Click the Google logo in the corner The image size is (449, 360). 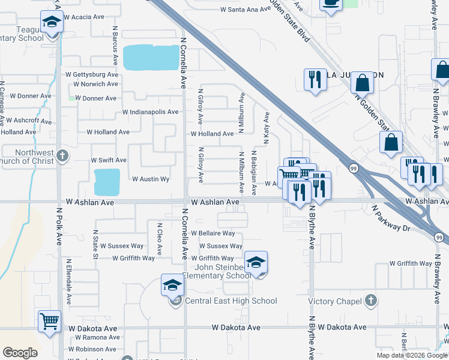coord(20,353)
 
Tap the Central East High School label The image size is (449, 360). coord(231,301)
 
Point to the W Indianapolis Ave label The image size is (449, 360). coord(150,112)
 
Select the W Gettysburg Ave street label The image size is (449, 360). coord(92,74)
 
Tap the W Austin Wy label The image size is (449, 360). coord(151,179)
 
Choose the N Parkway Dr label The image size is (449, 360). coord(390,220)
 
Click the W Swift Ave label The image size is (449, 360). coord(109,160)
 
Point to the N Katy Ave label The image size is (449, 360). coord(266,128)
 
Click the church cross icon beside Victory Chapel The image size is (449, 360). coord(371,301)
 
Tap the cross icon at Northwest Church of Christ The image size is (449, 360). coord(62,157)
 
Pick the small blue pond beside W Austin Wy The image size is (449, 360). coord(107,182)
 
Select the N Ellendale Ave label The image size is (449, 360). coord(69,280)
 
